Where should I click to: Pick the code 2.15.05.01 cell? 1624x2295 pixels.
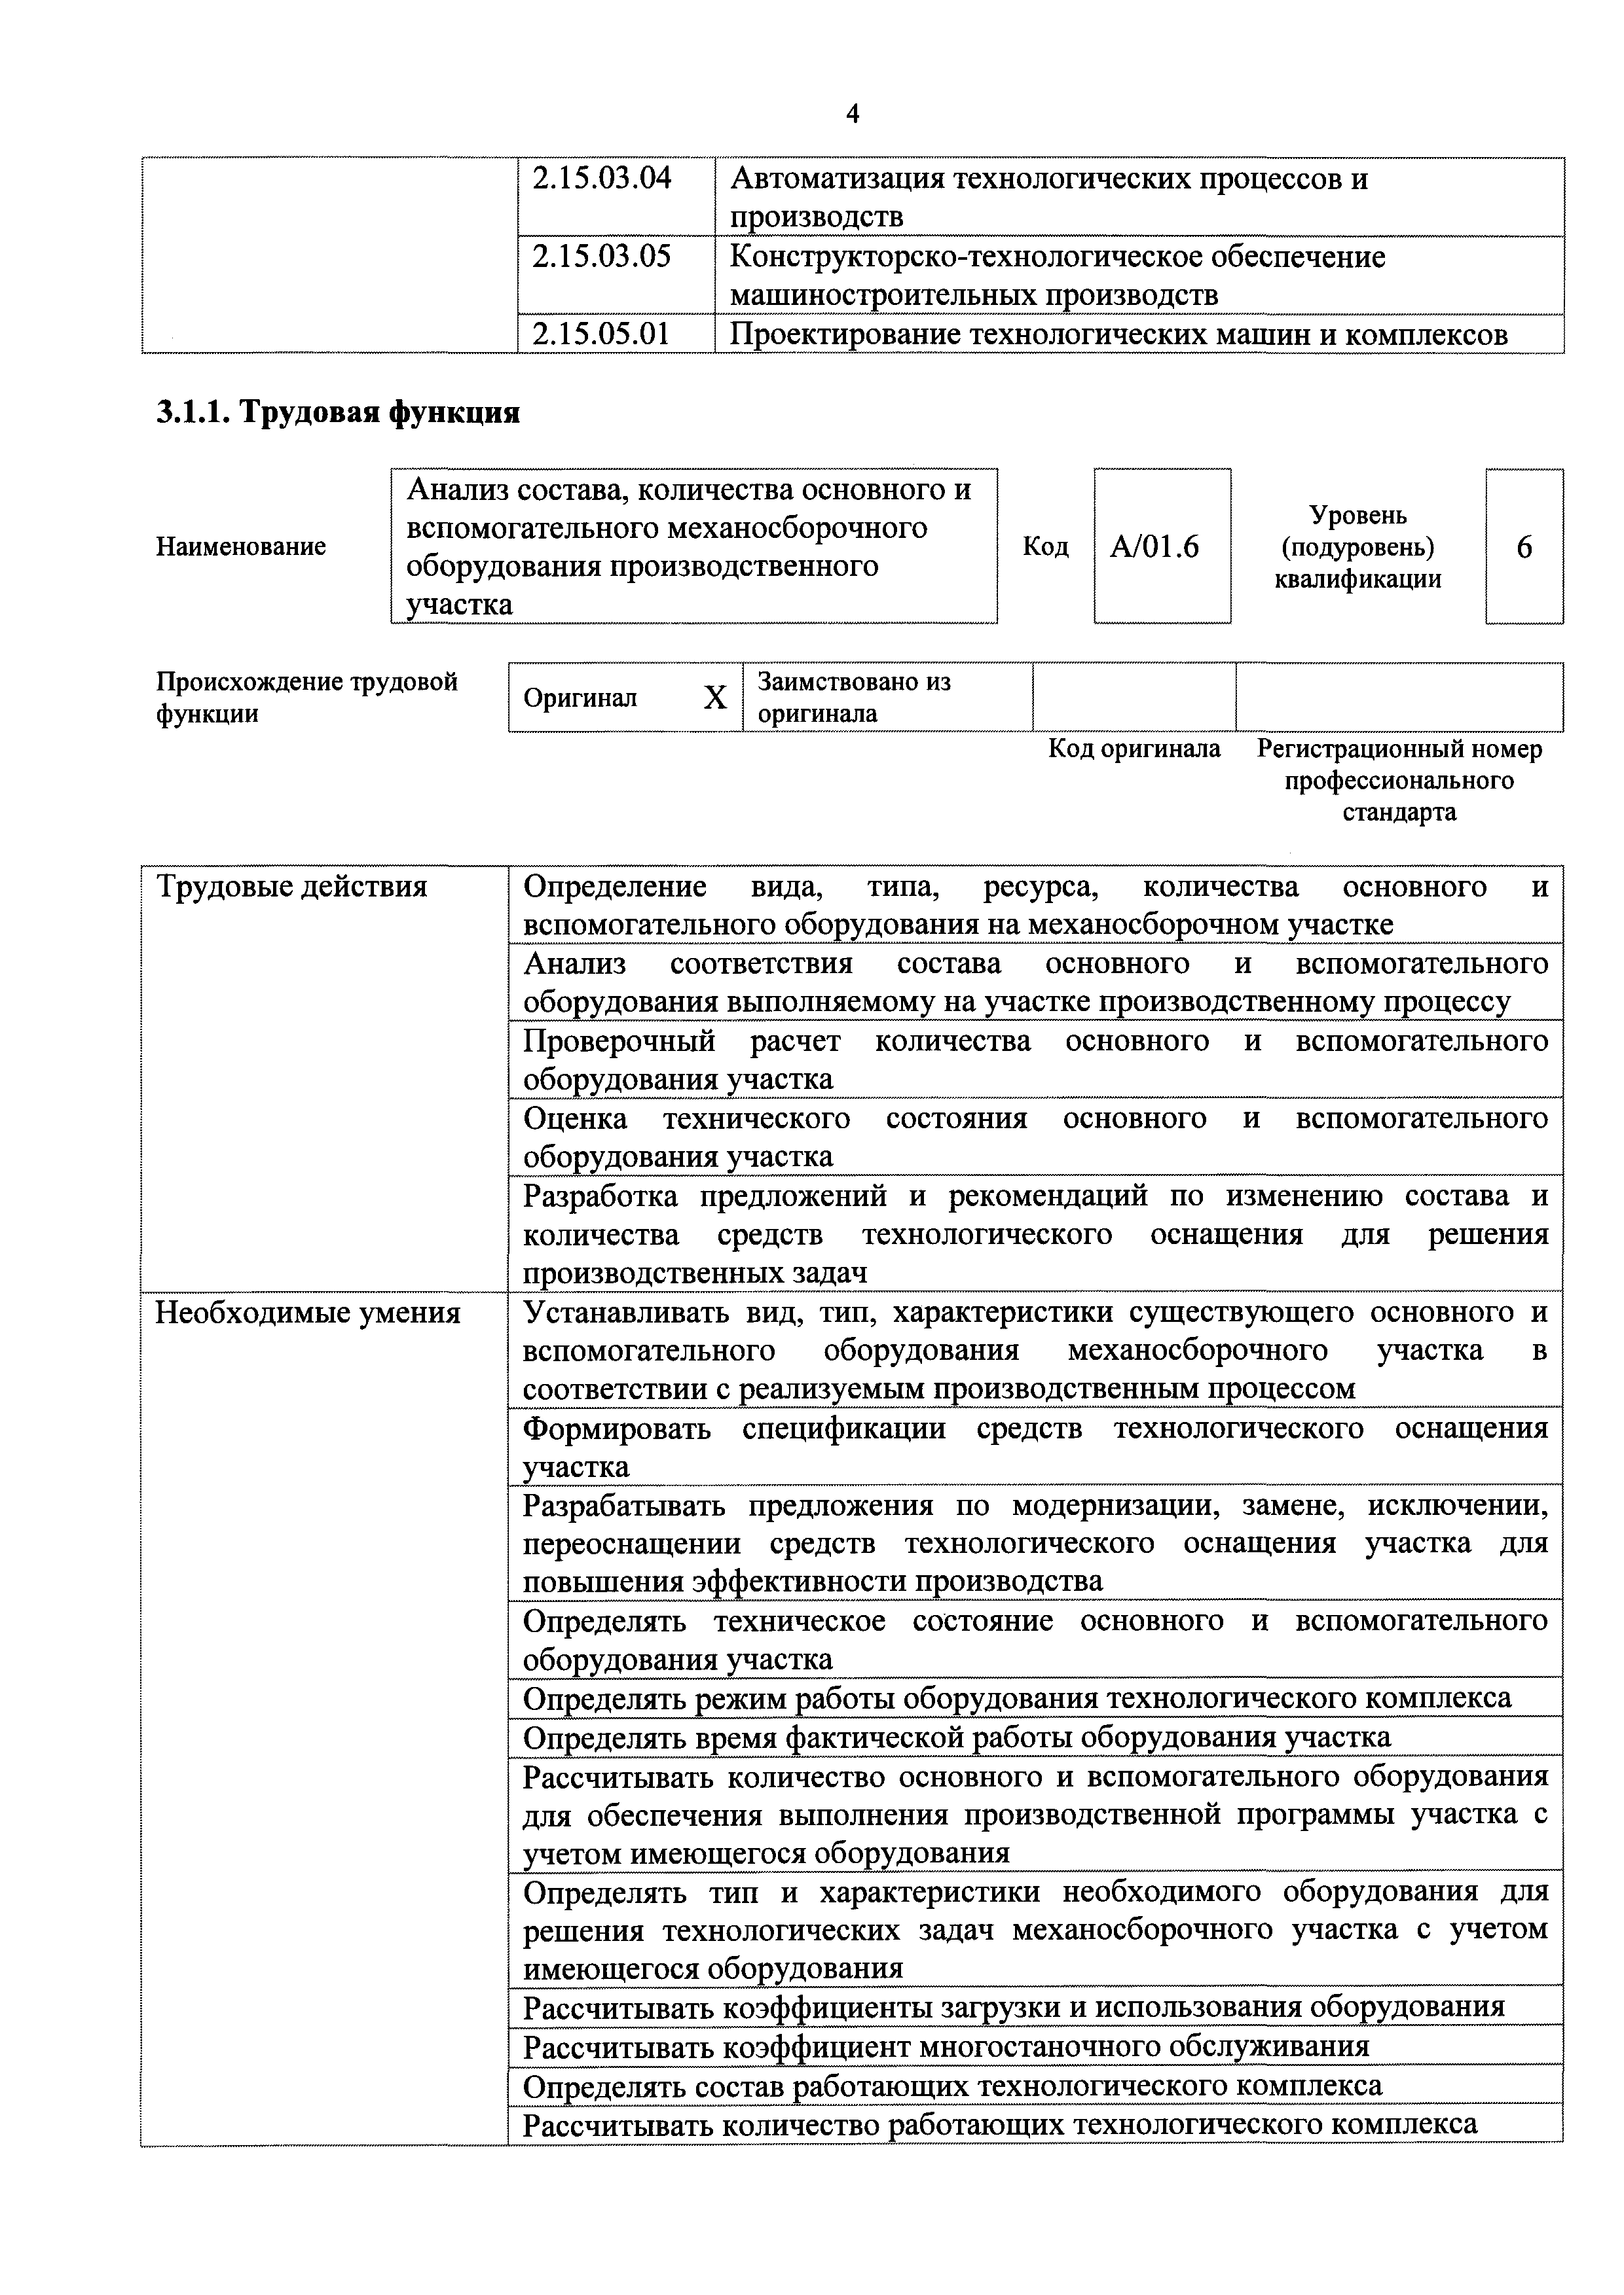point(601,334)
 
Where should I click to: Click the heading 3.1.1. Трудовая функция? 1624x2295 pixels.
point(338,412)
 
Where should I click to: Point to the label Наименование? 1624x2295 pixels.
point(241,547)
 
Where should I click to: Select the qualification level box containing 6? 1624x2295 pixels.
point(1524,547)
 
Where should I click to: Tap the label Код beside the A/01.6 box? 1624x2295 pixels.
point(1045,547)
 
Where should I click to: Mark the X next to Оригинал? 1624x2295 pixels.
point(714,698)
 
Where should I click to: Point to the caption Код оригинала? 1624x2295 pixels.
point(1134,749)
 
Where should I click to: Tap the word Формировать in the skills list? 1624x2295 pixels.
point(617,1429)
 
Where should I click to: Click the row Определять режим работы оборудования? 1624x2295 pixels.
point(1017,1698)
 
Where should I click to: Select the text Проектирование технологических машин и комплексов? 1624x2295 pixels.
point(1118,334)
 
